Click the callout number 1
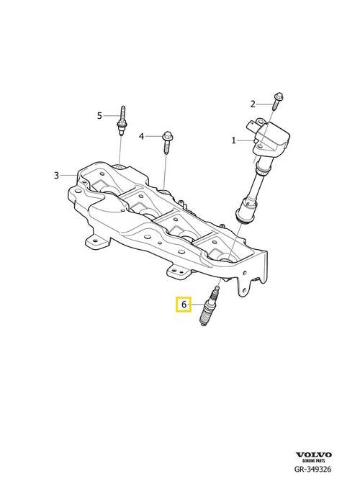point(234,141)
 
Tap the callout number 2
point(253,104)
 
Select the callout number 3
point(56,176)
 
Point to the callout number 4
point(141,136)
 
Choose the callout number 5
point(99,116)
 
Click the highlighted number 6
point(184,305)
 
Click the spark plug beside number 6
point(210,305)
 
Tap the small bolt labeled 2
point(277,101)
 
